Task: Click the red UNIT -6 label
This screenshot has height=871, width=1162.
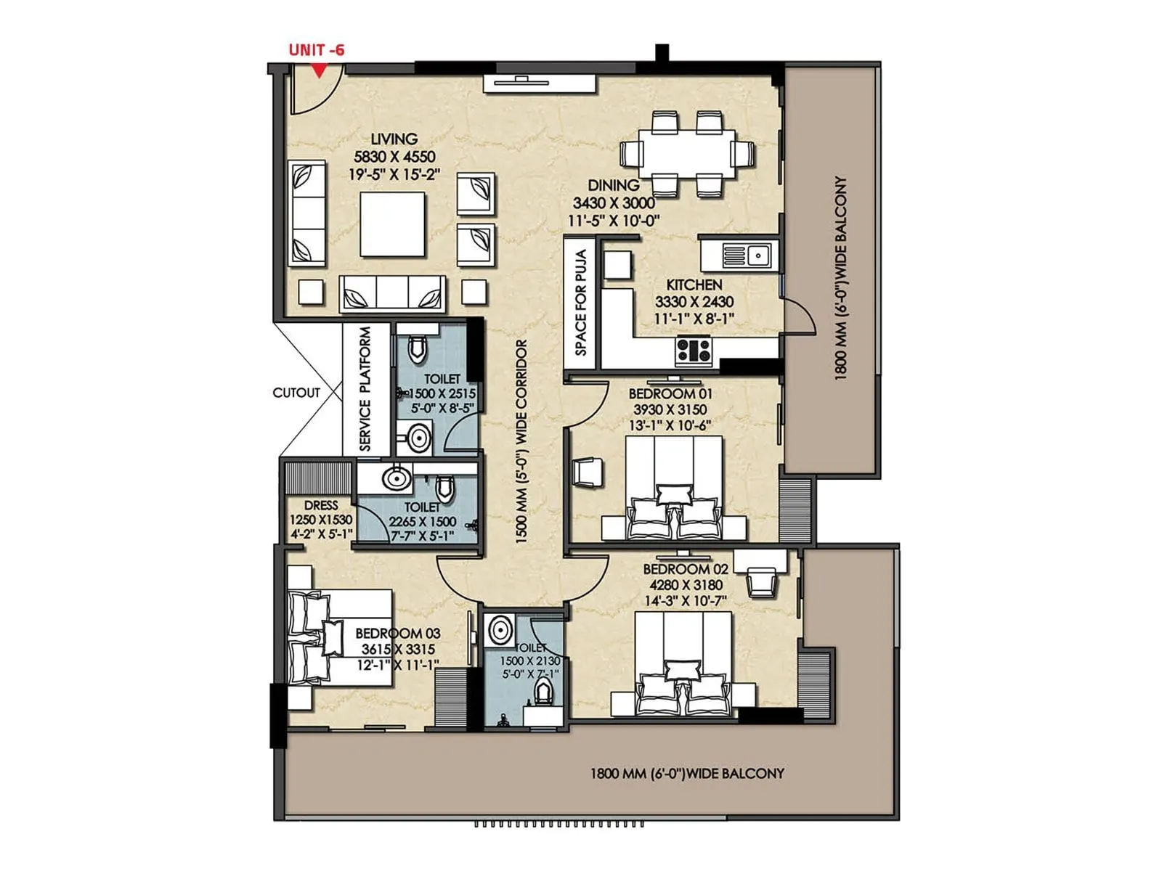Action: point(316,50)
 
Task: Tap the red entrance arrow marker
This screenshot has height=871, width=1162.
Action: point(318,70)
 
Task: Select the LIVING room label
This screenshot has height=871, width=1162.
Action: point(394,139)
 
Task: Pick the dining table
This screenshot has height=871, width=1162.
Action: point(687,153)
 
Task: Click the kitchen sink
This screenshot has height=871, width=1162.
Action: point(757,255)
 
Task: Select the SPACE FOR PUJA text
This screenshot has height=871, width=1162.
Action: point(581,303)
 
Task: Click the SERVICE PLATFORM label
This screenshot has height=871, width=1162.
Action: point(365,388)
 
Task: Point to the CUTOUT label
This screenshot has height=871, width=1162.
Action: point(296,393)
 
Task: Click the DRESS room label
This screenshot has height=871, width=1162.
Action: point(321,505)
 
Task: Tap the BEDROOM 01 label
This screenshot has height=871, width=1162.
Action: point(670,393)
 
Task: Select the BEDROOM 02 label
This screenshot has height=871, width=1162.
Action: point(686,569)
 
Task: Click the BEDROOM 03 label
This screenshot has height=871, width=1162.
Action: point(398,633)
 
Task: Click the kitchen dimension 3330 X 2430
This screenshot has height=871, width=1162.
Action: point(694,301)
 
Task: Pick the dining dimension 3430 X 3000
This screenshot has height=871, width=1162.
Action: point(614,203)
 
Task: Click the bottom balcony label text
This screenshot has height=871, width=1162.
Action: point(687,774)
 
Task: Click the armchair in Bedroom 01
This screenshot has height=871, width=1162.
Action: point(588,473)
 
